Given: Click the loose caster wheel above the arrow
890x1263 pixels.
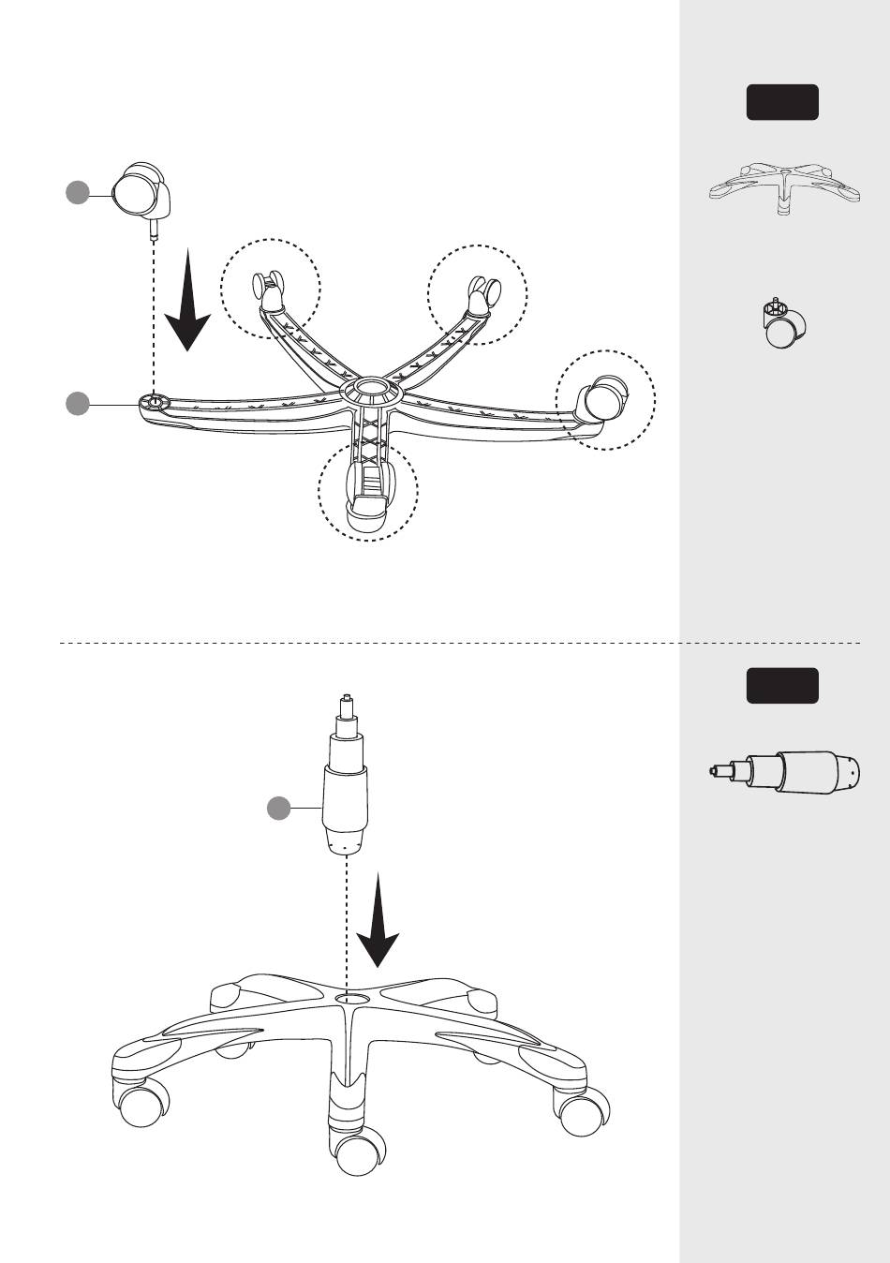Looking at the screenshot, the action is [139, 191].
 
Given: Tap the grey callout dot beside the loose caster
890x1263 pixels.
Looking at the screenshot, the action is [77, 193].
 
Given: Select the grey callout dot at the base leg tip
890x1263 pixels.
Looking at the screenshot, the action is [77, 404].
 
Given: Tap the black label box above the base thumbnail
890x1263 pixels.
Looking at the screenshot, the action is [782, 102].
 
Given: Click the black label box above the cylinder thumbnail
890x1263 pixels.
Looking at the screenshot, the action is [782, 686].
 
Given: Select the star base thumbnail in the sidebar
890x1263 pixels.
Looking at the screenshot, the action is [783, 186].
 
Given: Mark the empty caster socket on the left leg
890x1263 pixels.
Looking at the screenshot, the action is [153, 402].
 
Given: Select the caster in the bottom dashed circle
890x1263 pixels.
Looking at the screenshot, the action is [367, 491].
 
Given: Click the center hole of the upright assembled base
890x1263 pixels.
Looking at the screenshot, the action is [353, 1000].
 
